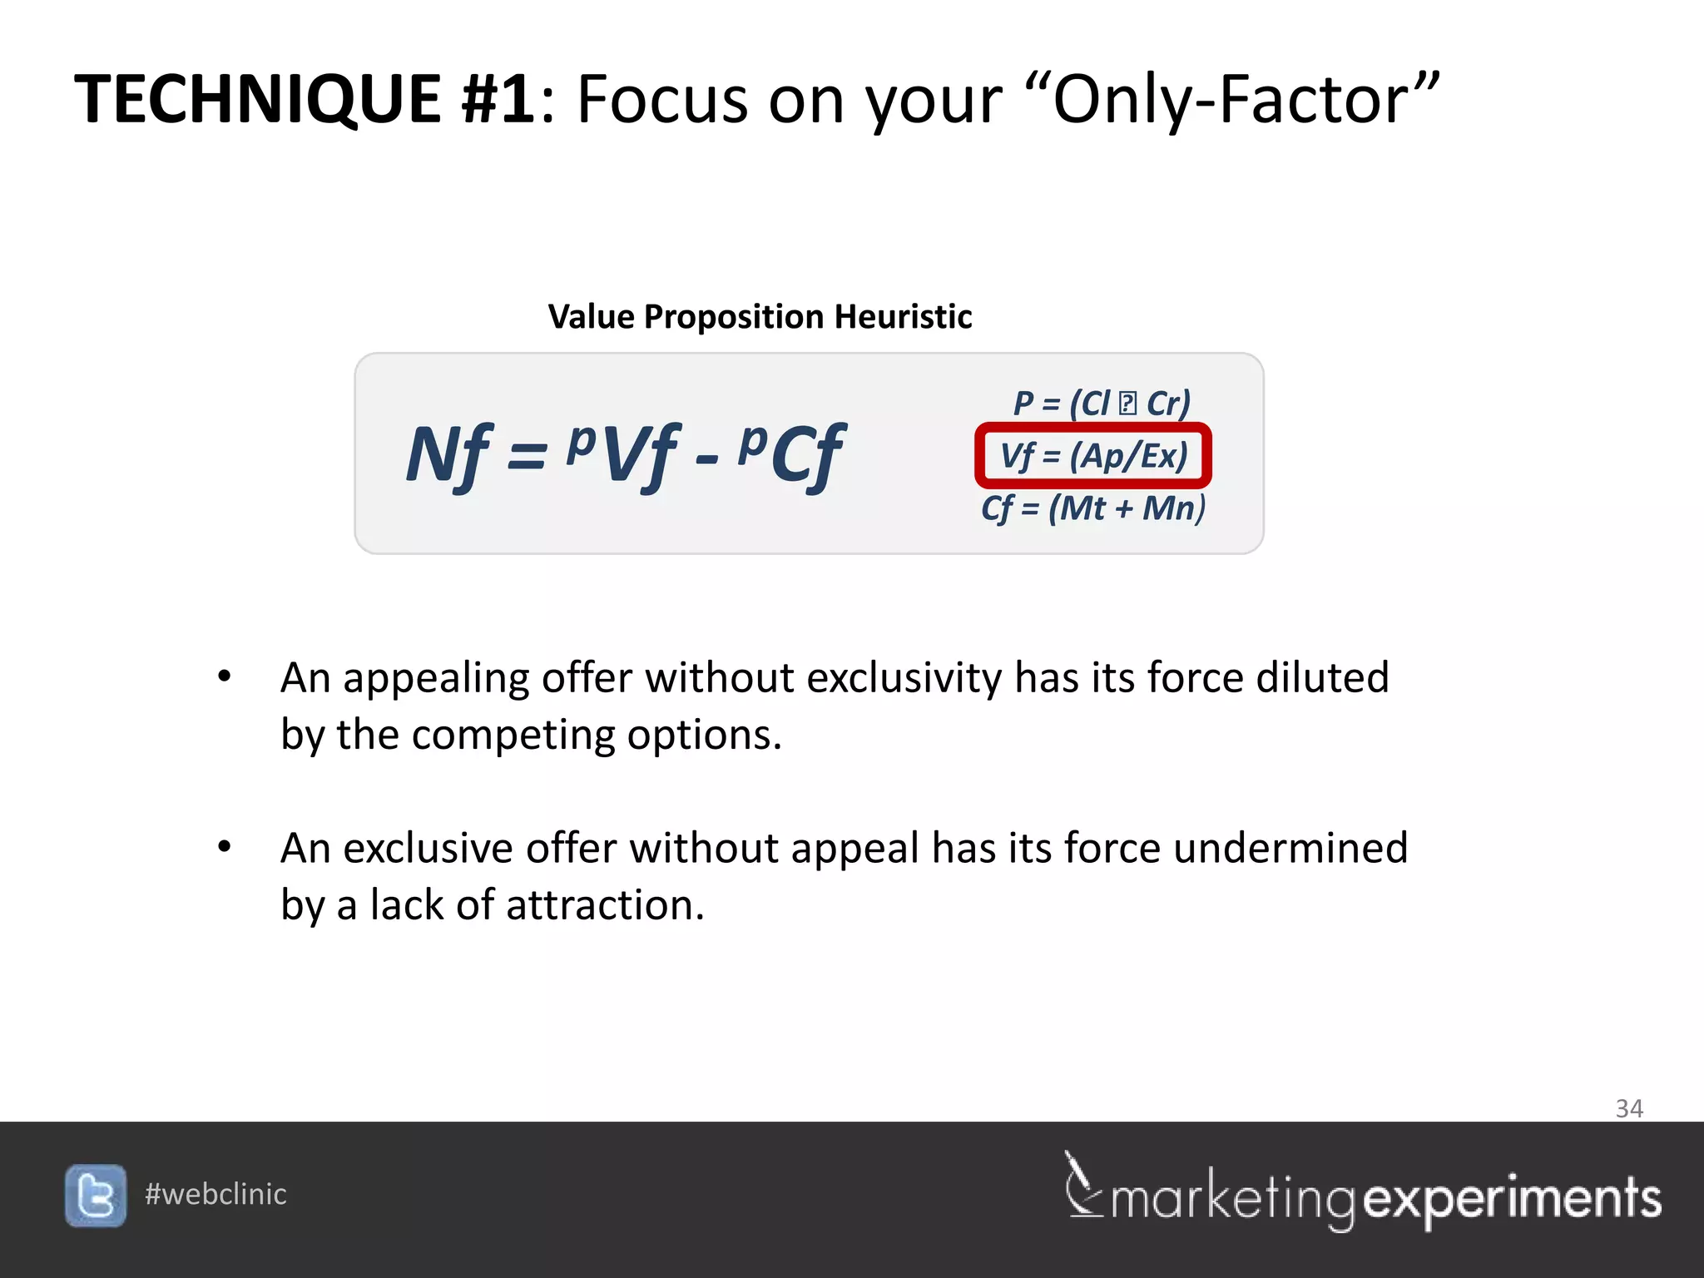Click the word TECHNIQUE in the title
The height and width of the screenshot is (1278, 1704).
point(258,100)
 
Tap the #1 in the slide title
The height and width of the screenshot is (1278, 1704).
point(498,100)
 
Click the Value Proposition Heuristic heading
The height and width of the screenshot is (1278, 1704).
point(760,317)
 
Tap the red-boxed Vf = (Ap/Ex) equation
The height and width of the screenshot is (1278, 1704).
point(1093,456)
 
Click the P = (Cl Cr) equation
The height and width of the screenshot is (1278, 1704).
point(1102,404)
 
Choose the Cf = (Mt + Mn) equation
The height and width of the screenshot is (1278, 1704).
point(1093,508)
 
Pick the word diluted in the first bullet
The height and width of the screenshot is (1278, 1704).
point(1322,677)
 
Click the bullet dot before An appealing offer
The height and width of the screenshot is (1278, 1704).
point(224,676)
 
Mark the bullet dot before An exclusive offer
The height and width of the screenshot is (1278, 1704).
point(224,847)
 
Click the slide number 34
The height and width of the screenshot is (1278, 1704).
point(1628,1108)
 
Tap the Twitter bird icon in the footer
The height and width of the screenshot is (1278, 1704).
point(96,1196)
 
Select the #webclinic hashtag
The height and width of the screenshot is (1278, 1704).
point(215,1194)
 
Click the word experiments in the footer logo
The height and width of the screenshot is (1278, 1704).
point(1512,1199)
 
